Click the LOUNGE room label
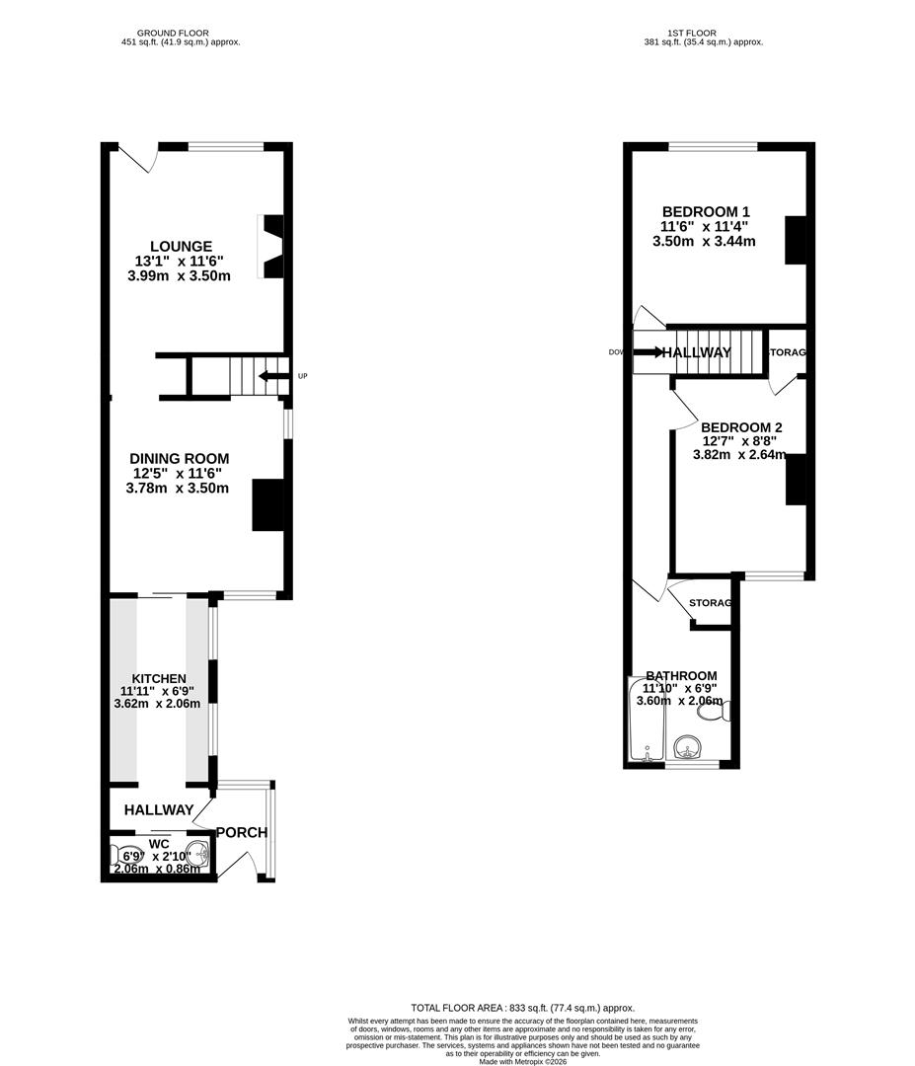coord(181,246)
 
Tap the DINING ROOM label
coord(179,458)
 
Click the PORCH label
coord(242,832)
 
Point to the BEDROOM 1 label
coord(706,211)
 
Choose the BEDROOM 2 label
coord(741,427)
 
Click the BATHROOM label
coord(681,675)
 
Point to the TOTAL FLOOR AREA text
coord(522,1007)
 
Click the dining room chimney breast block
coord(268,504)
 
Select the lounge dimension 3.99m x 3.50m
coord(179,276)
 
